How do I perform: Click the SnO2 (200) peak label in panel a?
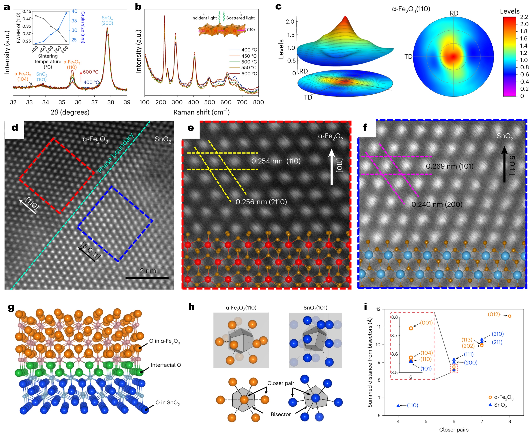(107, 20)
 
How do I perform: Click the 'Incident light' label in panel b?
(204, 18)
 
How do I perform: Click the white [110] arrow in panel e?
(332, 167)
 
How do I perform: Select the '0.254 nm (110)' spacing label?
(276, 161)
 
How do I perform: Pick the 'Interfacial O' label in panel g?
(166, 365)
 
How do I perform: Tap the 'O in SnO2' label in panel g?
(167, 403)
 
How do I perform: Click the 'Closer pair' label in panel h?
(281, 383)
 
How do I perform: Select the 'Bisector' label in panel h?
(281, 414)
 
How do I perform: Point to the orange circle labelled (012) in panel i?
(510, 316)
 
